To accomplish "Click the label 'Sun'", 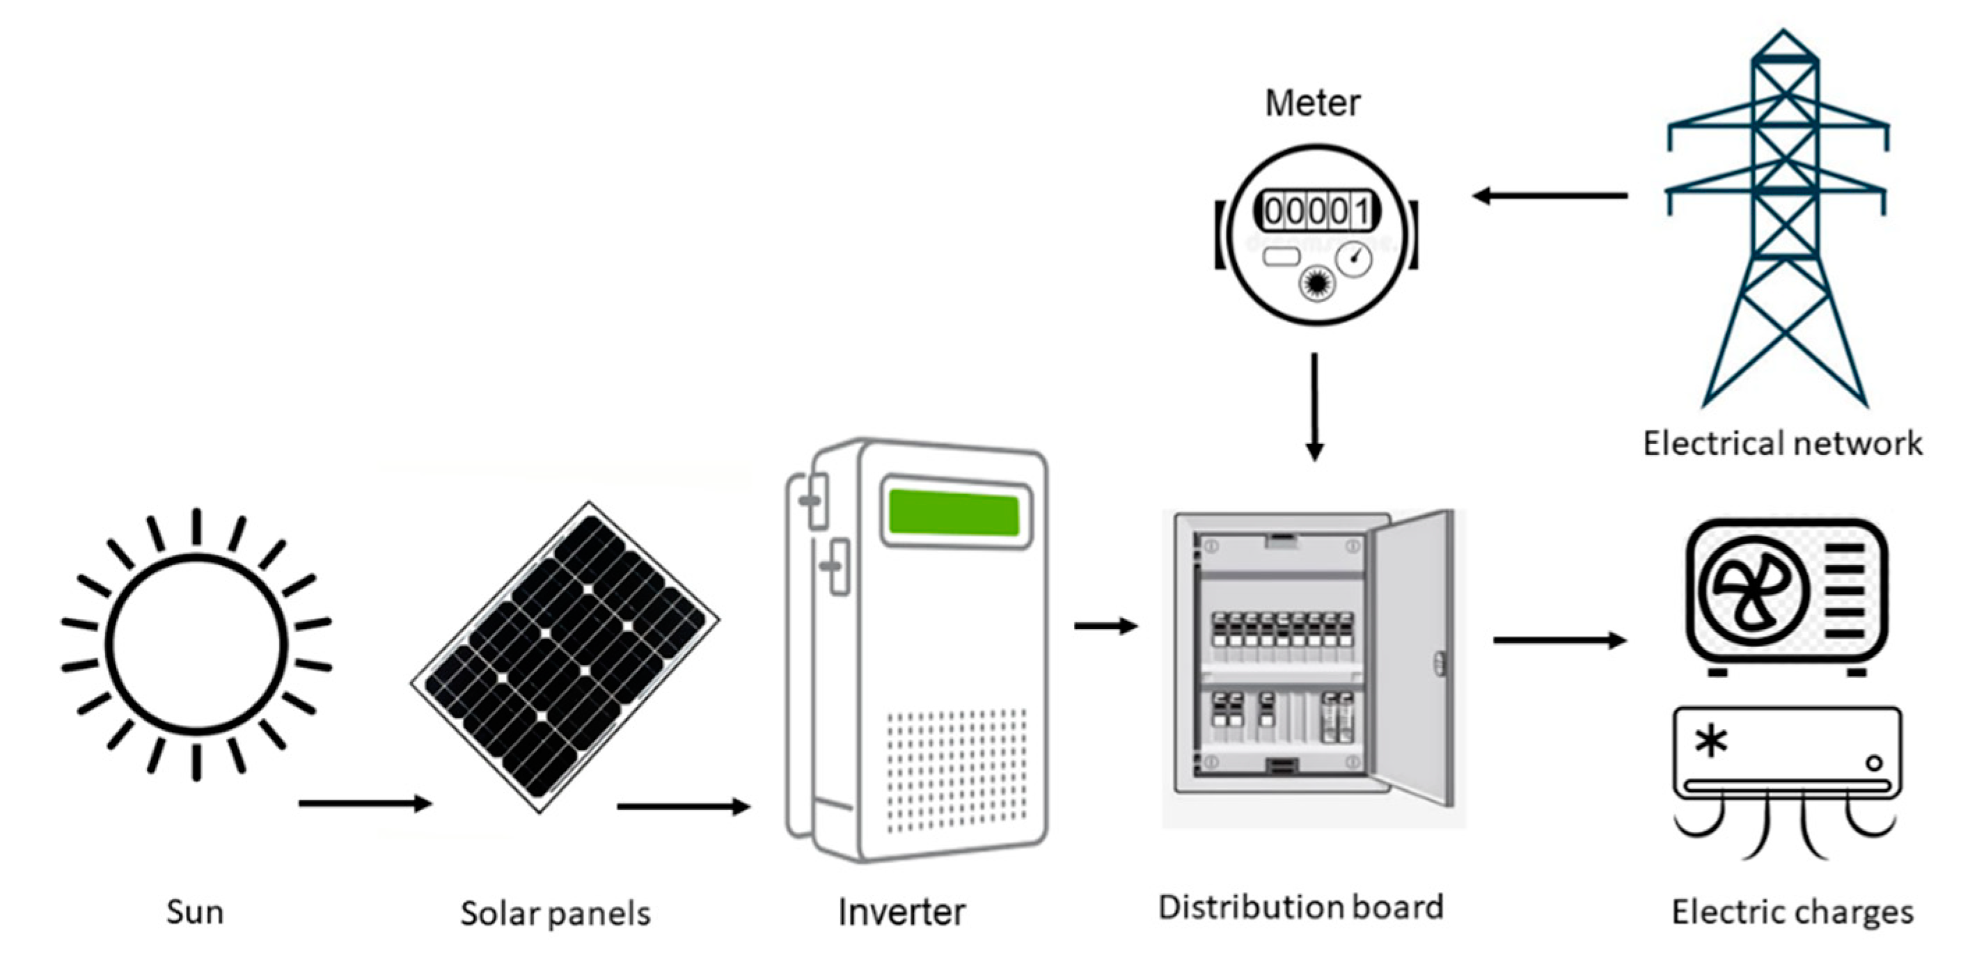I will (x=195, y=912).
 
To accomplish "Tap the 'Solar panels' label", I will (x=555, y=913).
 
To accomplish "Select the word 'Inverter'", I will (x=901, y=912).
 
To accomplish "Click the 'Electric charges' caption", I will (x=1792, y=912).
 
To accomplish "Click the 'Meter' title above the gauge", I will (x=1312, y=103).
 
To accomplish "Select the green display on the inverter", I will (x=954, y=513).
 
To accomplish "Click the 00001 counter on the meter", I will (x=1317, y=210).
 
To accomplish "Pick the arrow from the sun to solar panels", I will (x=364, y=803).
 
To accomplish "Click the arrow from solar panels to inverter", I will (x=682, y=806).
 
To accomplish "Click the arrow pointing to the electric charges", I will (x=1559, y=639).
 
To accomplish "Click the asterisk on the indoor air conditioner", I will (x=1712, y=742).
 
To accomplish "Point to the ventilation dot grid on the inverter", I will (x=956, y=770).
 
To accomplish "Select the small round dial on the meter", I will (x=1353, y=259).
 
